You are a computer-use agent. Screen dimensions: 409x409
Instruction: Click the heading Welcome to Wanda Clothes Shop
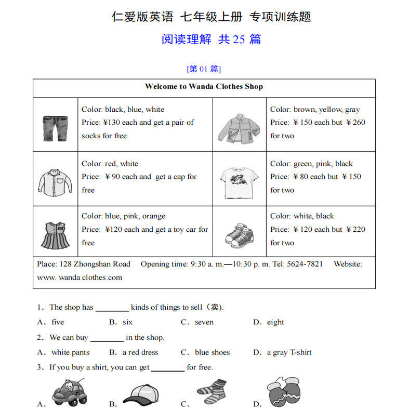tap(204, 87)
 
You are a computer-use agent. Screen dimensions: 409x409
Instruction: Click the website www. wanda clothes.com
tap(80, 278)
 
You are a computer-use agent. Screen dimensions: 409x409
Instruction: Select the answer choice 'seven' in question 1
tap(204, 322)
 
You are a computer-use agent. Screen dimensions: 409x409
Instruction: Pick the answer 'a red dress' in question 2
tap(140, 352)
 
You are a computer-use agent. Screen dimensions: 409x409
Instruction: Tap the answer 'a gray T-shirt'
tap(289, 352)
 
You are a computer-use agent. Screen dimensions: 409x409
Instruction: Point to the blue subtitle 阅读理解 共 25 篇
tap(211, 39)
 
